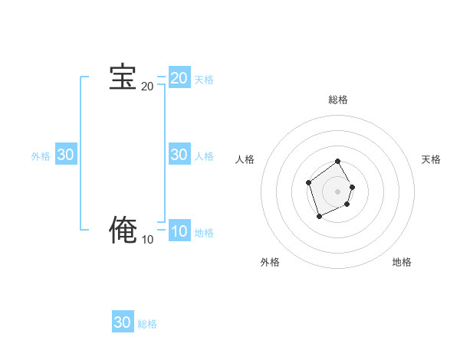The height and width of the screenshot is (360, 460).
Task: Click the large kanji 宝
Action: (x=123, y=77)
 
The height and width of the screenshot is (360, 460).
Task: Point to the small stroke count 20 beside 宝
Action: (x=147, y=87)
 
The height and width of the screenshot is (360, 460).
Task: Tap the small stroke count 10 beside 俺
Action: (x=147, y=240)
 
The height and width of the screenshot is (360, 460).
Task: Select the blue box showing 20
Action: (x=179, y=78)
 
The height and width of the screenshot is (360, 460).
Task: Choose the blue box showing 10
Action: (x=179, y=231)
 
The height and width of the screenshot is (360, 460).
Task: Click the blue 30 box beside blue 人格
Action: (x=179, y=155)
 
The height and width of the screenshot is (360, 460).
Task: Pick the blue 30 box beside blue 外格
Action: (x=66, y=155)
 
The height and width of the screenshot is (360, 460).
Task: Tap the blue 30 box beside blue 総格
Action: (x=123, y=322)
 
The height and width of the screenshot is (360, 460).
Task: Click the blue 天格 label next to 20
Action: (x=204, y=80)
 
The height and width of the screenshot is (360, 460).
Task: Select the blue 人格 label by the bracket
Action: (x=204, y=156)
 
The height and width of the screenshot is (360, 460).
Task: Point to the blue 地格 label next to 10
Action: (x=204, y=233)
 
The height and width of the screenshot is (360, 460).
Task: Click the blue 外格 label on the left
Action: (x=41, y=156)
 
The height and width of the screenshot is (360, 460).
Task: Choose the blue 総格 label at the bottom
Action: (x=147, y=324)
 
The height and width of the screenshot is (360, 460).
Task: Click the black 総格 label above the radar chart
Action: (x=338, y=100)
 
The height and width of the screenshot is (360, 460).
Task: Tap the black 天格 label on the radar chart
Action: (x=431, y=159)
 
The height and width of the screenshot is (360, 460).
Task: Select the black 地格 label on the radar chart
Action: (x=402, y=262)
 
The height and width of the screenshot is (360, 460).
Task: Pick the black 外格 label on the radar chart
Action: (x=270, y=262)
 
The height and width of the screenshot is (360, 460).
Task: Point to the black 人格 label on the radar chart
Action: (x=245, y=159)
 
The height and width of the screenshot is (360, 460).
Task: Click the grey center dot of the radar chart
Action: (x=338, y=191)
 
